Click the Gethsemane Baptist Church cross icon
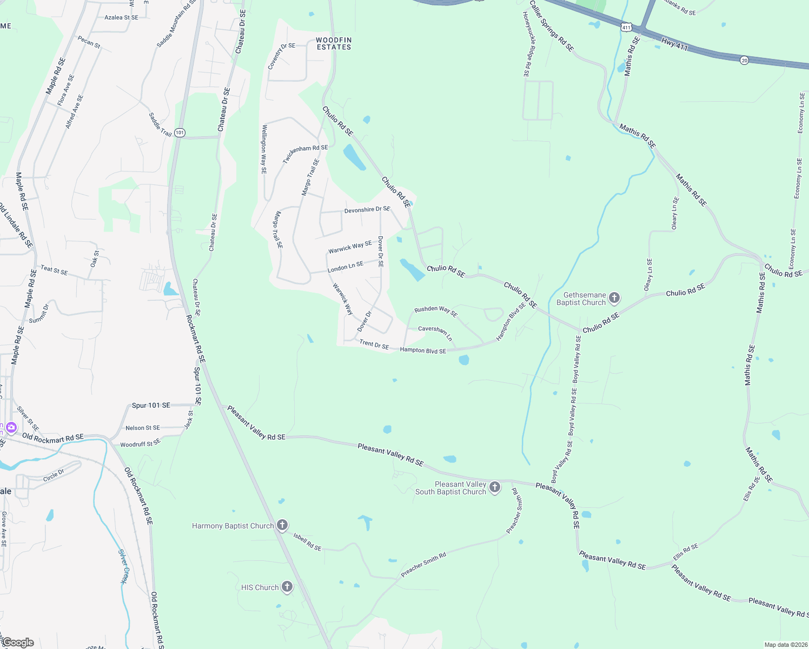click(x=614, y=298)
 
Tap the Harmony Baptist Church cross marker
click(x=282, y=525)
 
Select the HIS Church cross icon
click(x=287, y=587)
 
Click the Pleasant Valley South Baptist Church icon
click(x=494, y=487)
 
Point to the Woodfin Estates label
click(x=334, y=44)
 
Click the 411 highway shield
click(x=626, y=27)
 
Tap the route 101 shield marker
click(x=180, y=133)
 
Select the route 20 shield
click(x=745, y=61)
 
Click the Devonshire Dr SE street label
click(x=367, y=210)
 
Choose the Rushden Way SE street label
click(x=436, y=311)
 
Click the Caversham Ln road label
click(x=435, y=332)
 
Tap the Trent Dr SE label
click(x=374, y=344)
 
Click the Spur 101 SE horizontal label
click(x=151, y=405)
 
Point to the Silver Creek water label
click(x=124, y=567)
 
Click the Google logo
click(x=18, y=643)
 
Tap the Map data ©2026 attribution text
click(x=784, y=645)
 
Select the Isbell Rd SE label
click(x=307, y=541)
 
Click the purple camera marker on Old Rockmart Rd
click(x=11, y=428)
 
